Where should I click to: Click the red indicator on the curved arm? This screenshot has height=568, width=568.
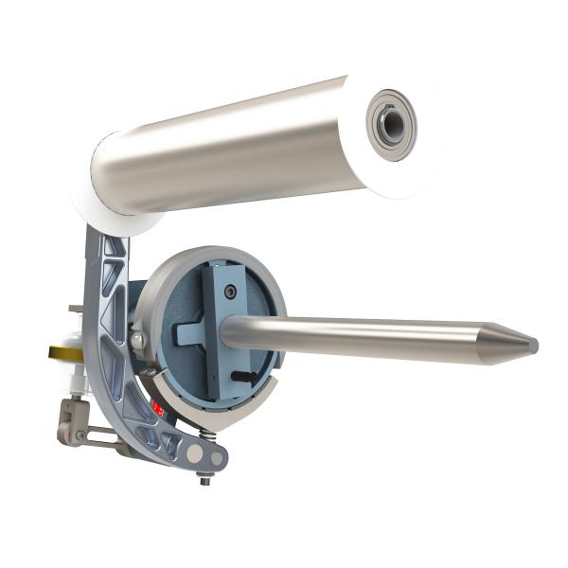(158, 409)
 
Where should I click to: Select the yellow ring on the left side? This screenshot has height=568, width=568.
(60, 352)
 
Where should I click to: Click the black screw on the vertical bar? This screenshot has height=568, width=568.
(229, 294)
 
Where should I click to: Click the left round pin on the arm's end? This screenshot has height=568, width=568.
(195, 454)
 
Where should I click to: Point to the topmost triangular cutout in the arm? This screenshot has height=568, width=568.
(114, 247)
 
